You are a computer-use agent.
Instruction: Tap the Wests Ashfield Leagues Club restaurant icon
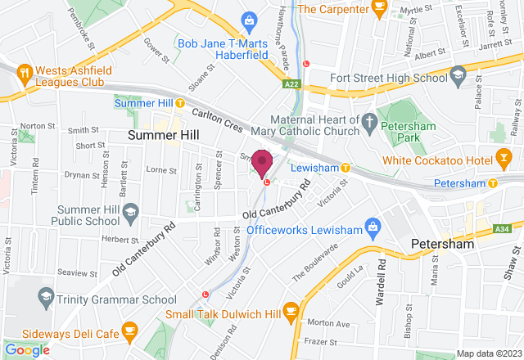(25, 71)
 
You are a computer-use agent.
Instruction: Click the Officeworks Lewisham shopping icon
(373, 224)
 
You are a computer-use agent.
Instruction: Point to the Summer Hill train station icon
(122, 103)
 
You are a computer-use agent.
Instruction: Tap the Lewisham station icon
(346, 168)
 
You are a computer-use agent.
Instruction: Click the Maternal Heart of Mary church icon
(369, 124)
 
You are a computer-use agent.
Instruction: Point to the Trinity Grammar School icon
(45, 295)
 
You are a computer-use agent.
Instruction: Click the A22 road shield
(292, 83)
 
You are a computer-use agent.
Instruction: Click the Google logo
(28, 349)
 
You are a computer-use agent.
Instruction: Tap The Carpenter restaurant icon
(378, 7)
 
